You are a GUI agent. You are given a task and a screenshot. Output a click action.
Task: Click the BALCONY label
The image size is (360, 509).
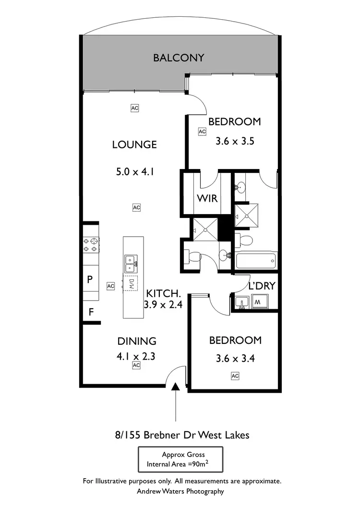point(179,58)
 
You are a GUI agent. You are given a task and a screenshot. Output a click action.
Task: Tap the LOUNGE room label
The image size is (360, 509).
point(134,144)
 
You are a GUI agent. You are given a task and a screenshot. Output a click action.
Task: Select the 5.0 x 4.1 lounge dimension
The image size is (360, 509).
point(134,171)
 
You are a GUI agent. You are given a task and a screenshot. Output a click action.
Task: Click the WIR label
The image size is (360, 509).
point(207,197)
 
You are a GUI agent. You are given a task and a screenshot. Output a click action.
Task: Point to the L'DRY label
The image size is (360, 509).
point(262,286)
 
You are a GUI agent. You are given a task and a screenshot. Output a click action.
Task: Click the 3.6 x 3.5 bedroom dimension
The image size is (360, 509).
point(235,142)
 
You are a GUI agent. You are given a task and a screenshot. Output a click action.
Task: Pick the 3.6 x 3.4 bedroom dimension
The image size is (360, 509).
point(235,358)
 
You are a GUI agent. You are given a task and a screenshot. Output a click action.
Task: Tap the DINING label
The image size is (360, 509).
point(137,341)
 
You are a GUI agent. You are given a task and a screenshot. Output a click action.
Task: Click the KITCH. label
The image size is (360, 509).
point(163,293)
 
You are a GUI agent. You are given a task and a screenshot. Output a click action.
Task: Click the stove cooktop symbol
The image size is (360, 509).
point(91,245)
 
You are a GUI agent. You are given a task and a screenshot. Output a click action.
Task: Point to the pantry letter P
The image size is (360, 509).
point(90,279)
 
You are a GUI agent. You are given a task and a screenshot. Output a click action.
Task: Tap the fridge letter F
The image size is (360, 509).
point(90,312)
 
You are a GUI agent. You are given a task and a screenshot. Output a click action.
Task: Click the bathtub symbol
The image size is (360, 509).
point(256,261)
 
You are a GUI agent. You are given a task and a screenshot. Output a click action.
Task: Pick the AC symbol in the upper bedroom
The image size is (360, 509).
point(202,131)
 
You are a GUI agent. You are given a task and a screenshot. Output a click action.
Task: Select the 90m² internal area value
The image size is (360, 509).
point(200,464)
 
